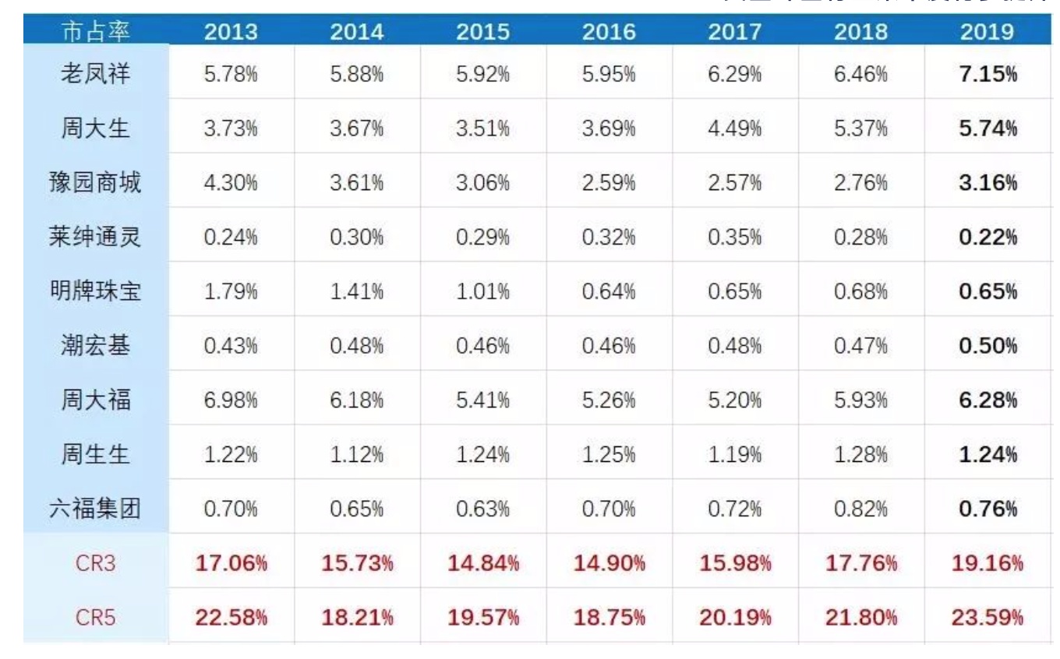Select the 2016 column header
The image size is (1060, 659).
(609, 33)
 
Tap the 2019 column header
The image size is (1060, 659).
(988, 33)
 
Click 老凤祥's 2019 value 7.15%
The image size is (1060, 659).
(988, 74)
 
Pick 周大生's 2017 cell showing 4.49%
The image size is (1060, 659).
(735, 129)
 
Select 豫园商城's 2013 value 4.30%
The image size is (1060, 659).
(231, 183)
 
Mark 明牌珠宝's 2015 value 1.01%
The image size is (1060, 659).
(482, 292)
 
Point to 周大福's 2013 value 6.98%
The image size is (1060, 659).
(231, 401)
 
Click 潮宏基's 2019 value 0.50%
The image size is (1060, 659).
(988, 347)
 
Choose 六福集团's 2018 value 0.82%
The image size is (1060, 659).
(861, 510)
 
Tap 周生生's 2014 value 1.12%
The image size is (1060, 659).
(356, 456)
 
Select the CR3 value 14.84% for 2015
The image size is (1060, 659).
(482, 565)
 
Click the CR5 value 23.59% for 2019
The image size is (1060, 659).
(988, 618)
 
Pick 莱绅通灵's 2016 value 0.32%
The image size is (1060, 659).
(609, 238)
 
